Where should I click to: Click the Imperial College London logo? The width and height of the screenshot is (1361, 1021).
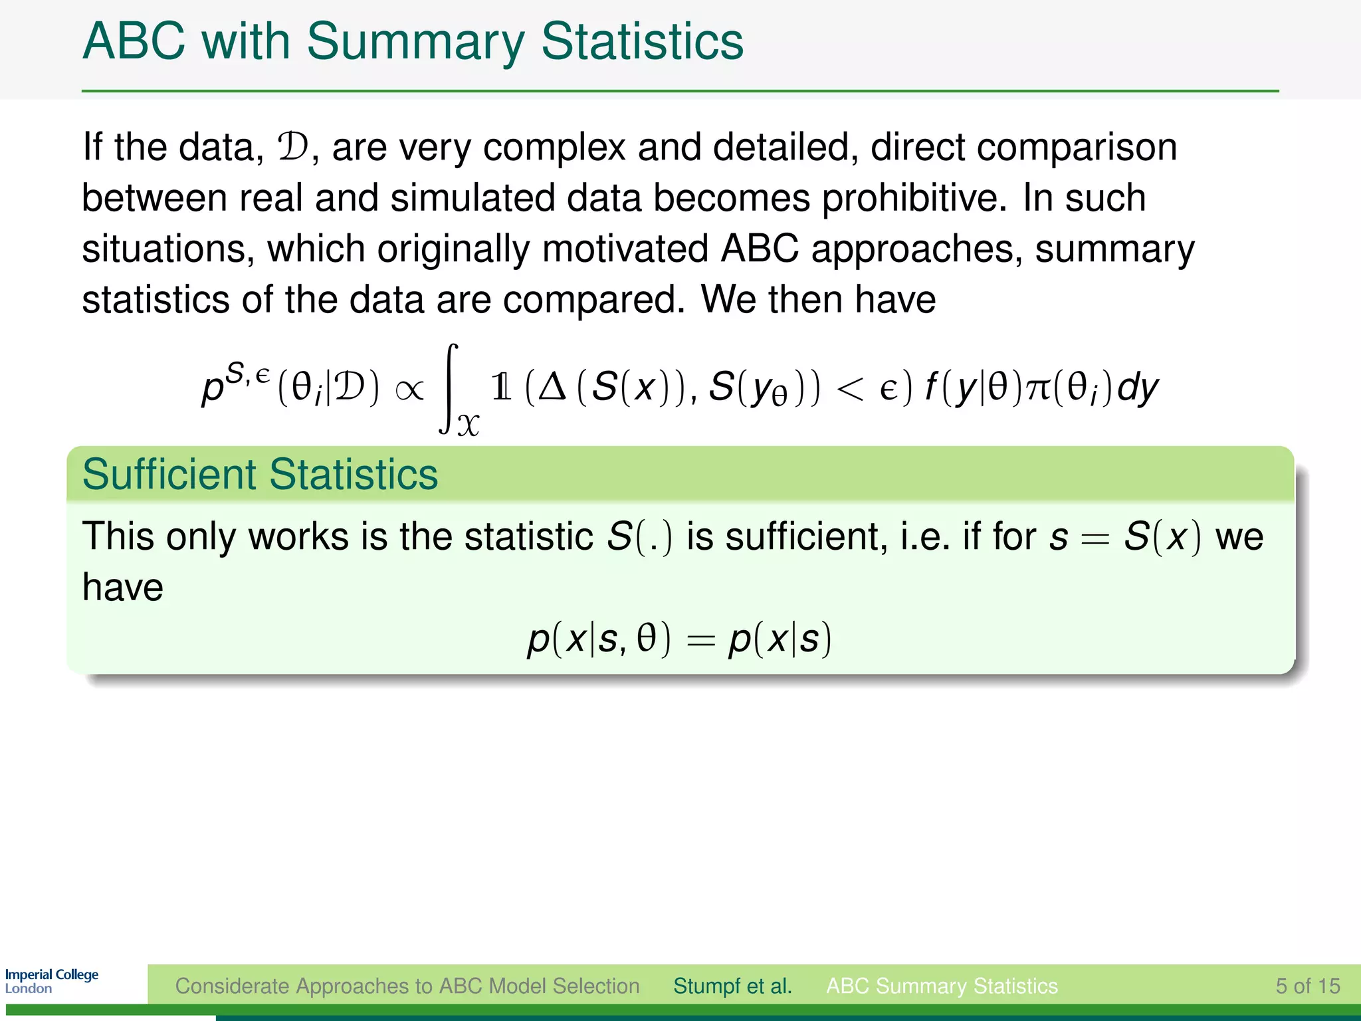tap(51, 981)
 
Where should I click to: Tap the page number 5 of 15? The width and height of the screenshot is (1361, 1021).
tap(1307, 986)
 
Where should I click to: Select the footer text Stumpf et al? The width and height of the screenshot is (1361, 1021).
tap(732, 986)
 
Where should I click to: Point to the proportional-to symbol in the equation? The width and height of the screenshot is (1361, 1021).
tap(409, 389)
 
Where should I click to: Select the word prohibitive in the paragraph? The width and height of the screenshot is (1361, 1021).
tap(914, 197)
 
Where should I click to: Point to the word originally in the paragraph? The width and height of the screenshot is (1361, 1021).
tap(453, 249)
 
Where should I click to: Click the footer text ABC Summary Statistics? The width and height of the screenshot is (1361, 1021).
tap(942, 986)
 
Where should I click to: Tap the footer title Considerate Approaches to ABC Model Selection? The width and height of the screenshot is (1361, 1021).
tap(407, 986)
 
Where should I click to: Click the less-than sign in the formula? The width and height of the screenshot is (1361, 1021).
tap(851, 389)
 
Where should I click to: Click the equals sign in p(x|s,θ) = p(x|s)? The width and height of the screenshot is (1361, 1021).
tap(700, 639)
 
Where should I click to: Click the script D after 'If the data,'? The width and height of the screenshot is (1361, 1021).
tap(293, 147)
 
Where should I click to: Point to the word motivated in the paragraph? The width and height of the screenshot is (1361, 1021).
tap(625, 249)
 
